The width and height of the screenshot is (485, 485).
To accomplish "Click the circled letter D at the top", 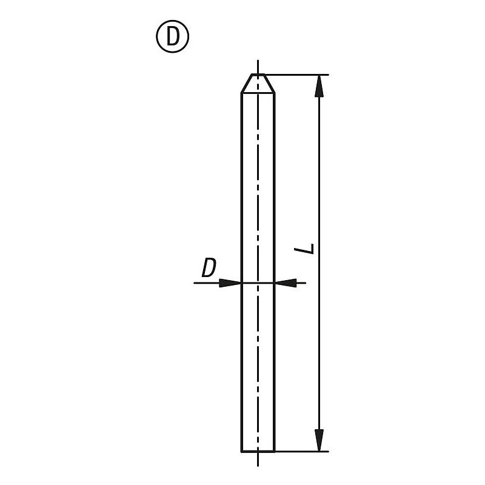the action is coord(172,36).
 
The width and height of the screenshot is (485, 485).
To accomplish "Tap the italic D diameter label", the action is coord(209,268).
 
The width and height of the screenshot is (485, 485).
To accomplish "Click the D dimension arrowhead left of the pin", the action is coord(230,283).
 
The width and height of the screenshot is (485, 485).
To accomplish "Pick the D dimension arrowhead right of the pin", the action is coord(286,283).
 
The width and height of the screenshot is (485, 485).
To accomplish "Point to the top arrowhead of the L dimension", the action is coord(319,86).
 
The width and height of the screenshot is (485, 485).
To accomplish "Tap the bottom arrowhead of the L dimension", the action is coord(319,440).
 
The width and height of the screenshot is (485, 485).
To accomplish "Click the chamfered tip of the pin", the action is coord(258,84).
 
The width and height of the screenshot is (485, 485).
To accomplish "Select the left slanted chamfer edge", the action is coord(247,84).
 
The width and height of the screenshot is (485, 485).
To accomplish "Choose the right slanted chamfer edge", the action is coord(269,84).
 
